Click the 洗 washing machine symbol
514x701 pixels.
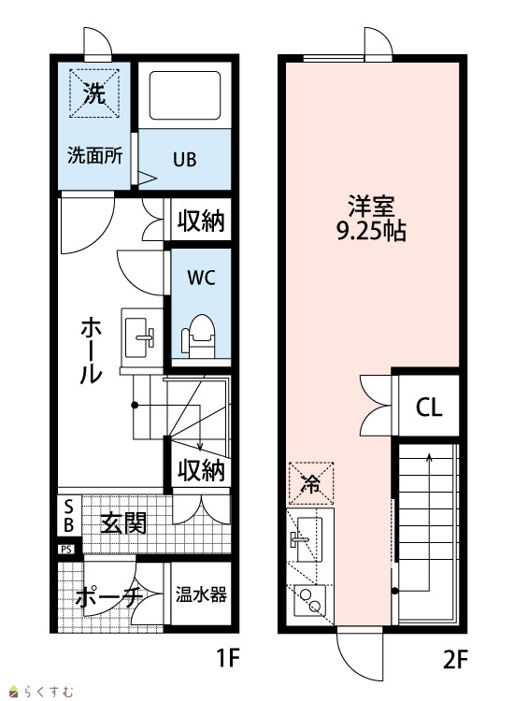(x=94, y=93)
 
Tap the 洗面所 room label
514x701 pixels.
(x=94, y=155)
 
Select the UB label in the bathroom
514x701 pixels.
(x=185, y=160)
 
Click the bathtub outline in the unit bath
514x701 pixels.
(x=185, y=95)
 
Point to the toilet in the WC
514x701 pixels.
(x=198, y=336)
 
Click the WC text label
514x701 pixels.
(x=201, y=278)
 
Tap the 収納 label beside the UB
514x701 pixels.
(x=201, y=220)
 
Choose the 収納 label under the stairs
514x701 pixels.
(x=201, y=470)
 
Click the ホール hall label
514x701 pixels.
(x=92, y=350)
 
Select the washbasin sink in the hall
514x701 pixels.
(x=139, y=337)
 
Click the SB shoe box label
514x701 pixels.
(x=69, y=515)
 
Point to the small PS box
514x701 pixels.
(x=66, y=549)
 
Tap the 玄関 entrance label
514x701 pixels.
(x=123, y=522)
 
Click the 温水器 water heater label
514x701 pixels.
(x=201, y=594)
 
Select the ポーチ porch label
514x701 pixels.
(x=109, y=597)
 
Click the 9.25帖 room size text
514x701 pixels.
(x=371, y=232)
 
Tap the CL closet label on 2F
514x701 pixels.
(x=429, y=408)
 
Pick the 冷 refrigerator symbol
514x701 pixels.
(x=311, y=483)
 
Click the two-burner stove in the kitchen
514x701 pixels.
(x=310, y=600)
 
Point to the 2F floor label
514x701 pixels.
(x=455, y=660)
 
